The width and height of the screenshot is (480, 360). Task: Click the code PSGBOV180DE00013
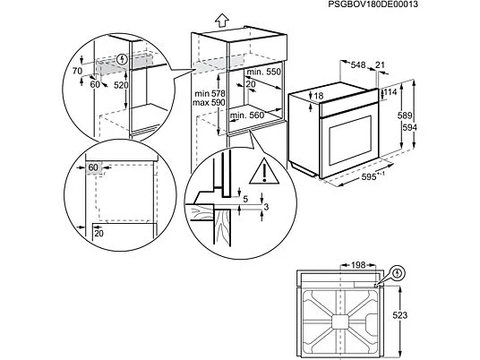[373, 4]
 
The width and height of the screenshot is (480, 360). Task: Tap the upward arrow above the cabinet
[222, 21]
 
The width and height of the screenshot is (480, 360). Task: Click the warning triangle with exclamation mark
[264, 171]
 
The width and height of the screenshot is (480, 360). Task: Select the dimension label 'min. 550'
[263, 72]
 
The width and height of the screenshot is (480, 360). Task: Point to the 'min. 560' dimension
[247, 116]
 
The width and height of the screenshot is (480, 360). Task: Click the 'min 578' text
[210, 93]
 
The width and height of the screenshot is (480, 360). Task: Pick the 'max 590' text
[209, 103]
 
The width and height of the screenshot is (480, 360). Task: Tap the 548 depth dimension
[358, 64]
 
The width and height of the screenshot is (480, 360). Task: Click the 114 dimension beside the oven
[390, 92]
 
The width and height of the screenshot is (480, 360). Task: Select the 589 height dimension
[405, 116]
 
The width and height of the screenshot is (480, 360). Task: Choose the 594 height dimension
[409, 127]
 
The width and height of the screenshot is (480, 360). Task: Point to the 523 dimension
[399, 315]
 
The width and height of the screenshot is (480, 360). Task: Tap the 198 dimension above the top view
[358, 264]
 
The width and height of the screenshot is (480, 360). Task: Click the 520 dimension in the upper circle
[121, 85]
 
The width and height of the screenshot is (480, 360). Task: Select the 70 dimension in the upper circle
[77, 71]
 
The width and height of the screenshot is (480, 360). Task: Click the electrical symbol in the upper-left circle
[123, 59]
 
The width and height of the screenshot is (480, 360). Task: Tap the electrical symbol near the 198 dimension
[398, 272]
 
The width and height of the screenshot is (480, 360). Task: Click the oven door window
[350, 141]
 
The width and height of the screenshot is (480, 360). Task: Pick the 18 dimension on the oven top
[319, 96]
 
